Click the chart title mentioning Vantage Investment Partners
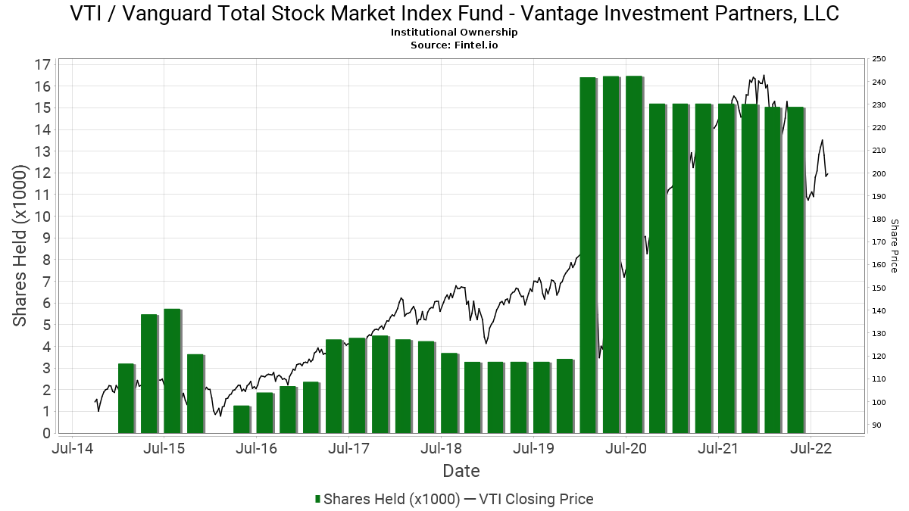(x=454, y=14)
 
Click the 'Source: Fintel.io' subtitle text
(x=454, y=45)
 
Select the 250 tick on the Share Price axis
(x=879, y=59)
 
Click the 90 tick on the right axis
(x=877, y=425)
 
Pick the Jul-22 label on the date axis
(x=811, y=448)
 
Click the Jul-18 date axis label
(x=442, y=448)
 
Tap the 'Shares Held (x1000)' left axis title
(x=20, y=246)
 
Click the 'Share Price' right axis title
(x=894, y=246)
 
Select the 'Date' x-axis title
(x=461, y=471)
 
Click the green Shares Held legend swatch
(x=318, y=500)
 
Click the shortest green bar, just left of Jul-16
(x=242, y=419)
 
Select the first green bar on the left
(x=126, y=398)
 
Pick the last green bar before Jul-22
(x=795, y=270)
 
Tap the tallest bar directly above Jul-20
(x=634, y=254)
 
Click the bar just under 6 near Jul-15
(x=172, y=371)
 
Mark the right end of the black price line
(x=828, y=174)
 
